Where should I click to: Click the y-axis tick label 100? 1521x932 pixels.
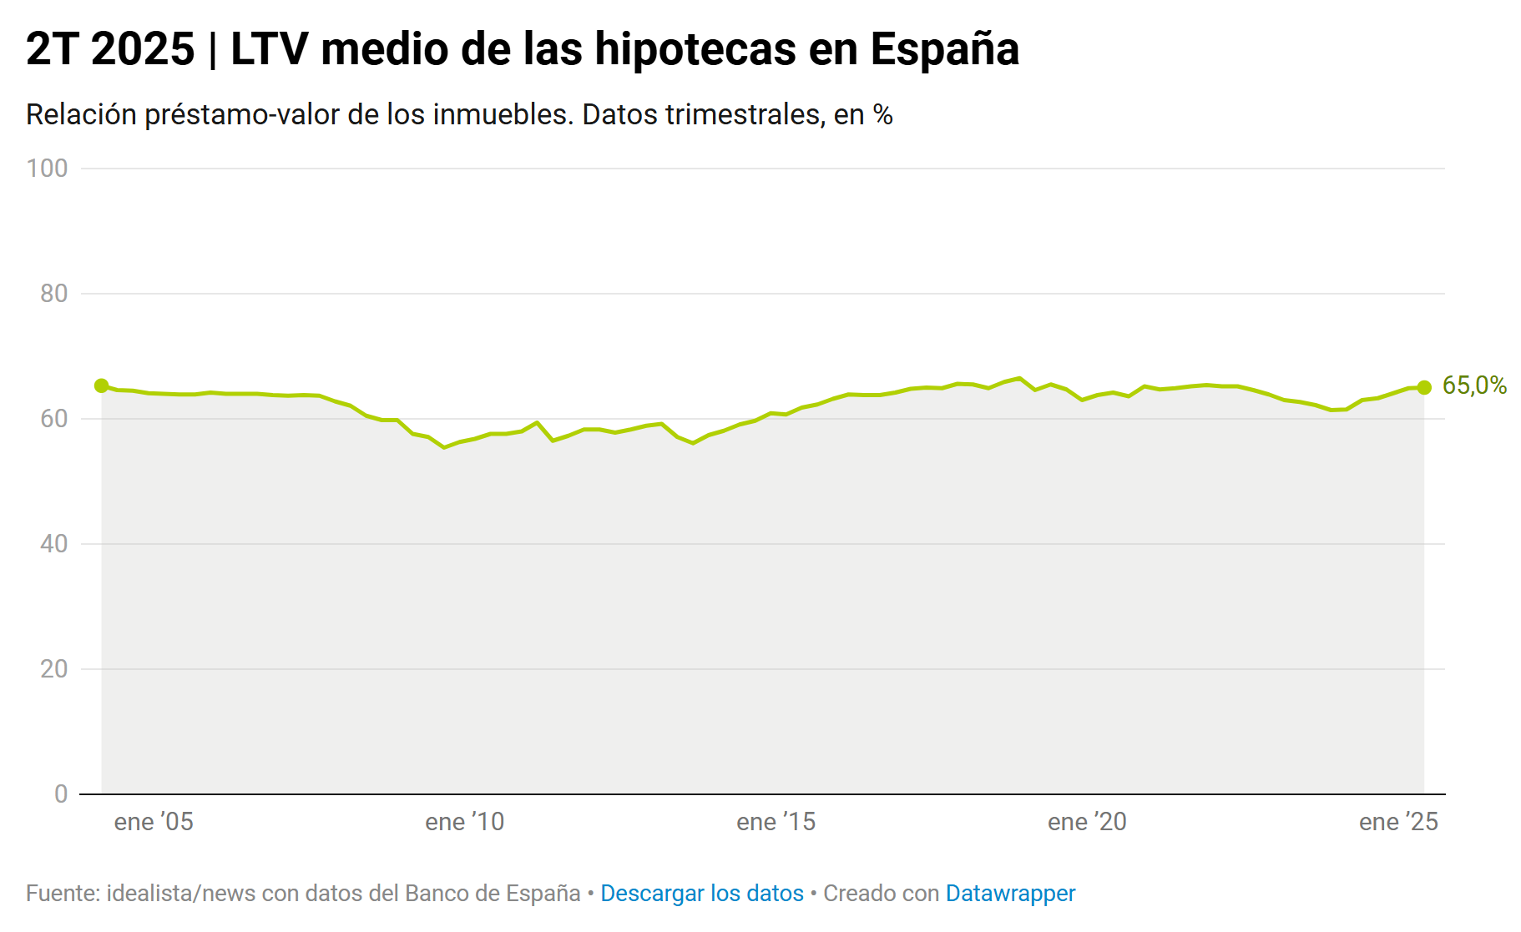[x=48, y=169]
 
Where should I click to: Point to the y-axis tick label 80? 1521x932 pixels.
[x=54, y=294]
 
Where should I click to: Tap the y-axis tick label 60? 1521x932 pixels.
[x=54, y=419]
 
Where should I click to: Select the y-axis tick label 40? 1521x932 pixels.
[x=54, y=544]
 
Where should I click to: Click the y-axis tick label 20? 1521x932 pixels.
[x=54, y=669]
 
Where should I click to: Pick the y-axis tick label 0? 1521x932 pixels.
[x=61, y=794]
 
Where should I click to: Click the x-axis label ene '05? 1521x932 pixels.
[x=154, y=822]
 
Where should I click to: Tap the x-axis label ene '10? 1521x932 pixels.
[x=465, y=822]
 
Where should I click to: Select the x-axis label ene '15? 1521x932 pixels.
[x=776, y=822]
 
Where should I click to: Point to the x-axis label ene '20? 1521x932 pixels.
[x=1088, y=822]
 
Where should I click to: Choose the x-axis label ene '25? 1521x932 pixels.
[x=1399, y=822]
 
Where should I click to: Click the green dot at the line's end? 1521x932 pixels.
[x=1424, y=387]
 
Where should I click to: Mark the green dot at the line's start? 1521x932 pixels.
[x=102, y=385]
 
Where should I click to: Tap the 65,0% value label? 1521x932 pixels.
[x=1474, y=385]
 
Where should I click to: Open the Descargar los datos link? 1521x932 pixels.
[x=702, y=894]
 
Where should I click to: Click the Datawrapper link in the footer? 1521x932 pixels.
[x=1010, y=894]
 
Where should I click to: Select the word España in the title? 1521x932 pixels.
[x=945, y=49]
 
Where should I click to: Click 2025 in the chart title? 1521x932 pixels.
[x=143, y=49]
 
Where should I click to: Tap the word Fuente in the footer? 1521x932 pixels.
[x=62, y=894]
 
